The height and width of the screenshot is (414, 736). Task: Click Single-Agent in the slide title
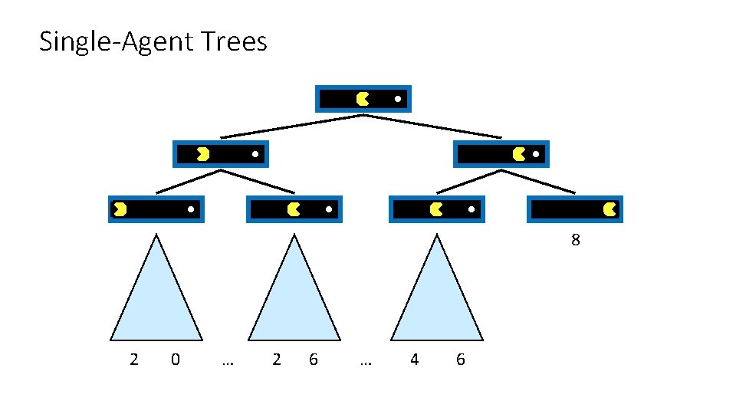click(x=115, y=41)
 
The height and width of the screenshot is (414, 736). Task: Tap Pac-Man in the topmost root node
click(x=363, y=99)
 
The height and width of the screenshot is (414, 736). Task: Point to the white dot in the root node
click(x=398, y=99)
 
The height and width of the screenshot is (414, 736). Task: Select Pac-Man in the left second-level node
click(x=202, y=154)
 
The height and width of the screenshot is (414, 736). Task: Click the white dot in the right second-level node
click(x=536, y=155)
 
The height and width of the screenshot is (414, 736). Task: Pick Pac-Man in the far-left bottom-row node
click(x=120, y=209)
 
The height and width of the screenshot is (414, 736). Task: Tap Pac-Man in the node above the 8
click(x=610, y=209)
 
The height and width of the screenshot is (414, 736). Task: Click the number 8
click(x=576, y=240)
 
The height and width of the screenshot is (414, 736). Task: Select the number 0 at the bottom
click(x=176, y=359)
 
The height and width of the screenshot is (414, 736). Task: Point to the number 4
click(x=415, y=359)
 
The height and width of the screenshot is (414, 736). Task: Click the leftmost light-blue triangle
click(x=156, y=299)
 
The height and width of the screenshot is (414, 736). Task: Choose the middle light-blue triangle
click(x=295, y=299)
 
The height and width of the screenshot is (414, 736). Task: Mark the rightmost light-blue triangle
click(x=437, y=299)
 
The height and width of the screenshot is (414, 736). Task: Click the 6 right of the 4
click(x=460, y=359)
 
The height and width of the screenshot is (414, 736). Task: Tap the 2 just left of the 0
click(x=134, y=359)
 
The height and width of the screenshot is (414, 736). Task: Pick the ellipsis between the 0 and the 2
click(x=227, y=360)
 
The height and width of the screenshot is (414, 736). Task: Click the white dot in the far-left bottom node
click(x=191, y=209)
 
